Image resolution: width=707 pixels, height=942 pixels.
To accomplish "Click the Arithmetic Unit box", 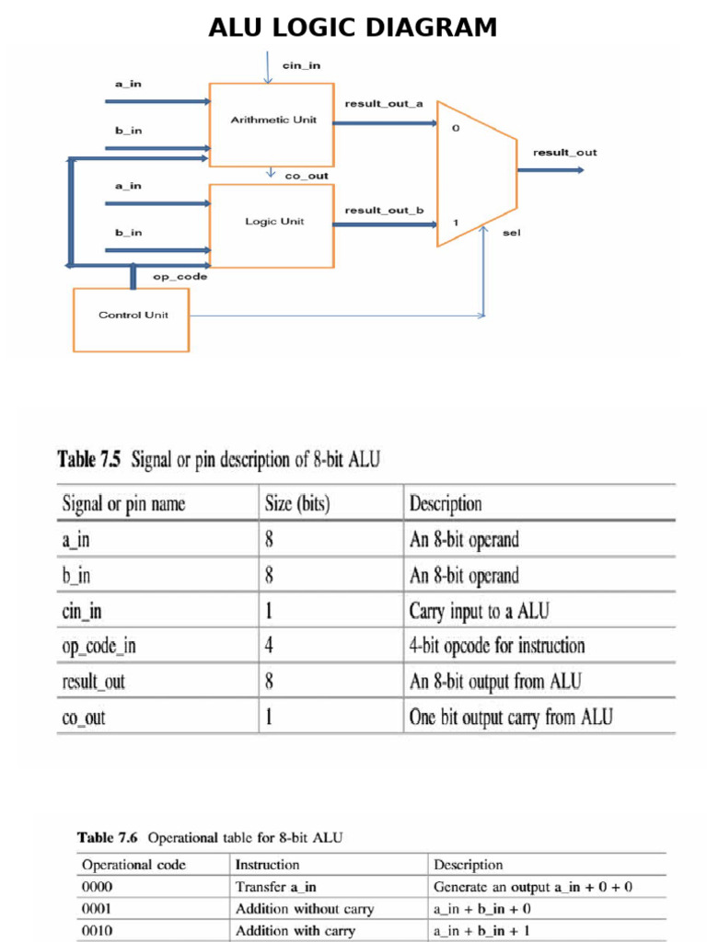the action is [x=272, y=125].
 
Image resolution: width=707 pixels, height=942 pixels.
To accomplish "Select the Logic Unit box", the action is [x=272, y=226].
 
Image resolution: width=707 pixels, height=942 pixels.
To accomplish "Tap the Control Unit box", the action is [x=131, y=319].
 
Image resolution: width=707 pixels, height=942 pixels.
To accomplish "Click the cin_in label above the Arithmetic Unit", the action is [x=301, y=65].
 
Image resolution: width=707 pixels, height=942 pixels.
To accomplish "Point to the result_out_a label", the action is [x=384, y=103].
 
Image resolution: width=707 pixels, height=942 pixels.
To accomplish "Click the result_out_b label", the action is [x=384, y=210].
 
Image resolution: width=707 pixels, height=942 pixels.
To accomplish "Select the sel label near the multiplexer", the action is [x=512, y=233].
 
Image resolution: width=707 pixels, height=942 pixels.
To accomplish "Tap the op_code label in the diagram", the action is [x=180, y=276].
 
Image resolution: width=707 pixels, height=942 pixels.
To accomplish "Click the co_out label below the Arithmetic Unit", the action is [x=307, y=176].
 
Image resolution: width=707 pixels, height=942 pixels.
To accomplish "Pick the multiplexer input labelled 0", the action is [x=456, y=128].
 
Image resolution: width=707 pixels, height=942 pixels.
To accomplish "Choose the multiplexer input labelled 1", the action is [x=456, y=223].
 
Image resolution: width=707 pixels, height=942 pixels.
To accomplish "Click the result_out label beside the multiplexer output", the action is [x=565, y=153].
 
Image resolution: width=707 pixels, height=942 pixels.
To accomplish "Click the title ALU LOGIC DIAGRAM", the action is [x=353, y=27].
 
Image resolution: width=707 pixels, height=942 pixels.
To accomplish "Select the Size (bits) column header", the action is [x=297, y=503].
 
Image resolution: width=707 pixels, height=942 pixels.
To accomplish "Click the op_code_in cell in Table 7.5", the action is [x=99, y=646].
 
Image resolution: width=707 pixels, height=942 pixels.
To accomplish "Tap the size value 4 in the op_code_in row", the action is [x=269, y=645].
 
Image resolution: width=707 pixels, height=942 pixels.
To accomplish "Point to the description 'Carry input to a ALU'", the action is [x=479, y=611].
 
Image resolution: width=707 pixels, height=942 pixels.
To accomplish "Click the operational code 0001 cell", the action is [x=97, y=908].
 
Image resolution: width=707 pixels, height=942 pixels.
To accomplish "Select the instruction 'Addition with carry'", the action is [x=296, y=931].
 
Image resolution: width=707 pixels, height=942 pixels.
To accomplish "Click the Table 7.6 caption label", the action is [x=107, y=837].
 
